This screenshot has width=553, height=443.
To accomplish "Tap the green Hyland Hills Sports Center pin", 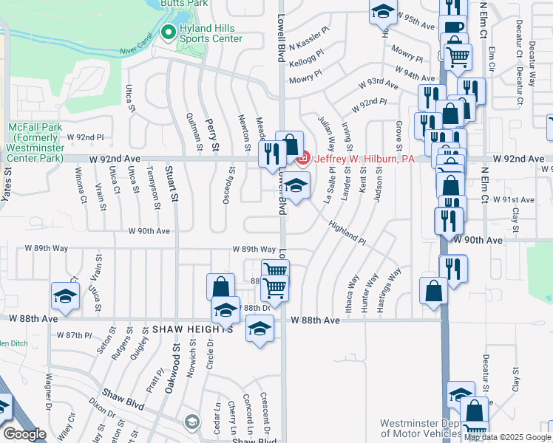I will [x=168, y=32].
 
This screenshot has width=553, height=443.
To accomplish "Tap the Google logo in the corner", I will [x=24, y=434].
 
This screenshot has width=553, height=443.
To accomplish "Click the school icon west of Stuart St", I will [x=65, y=296].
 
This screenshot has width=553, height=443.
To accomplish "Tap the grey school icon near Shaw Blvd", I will [x=192, y=422].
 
